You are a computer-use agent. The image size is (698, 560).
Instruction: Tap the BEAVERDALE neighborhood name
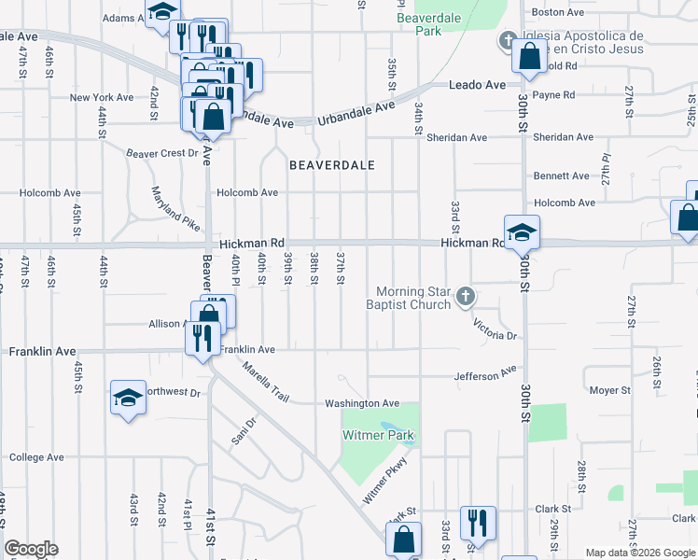(332, 165)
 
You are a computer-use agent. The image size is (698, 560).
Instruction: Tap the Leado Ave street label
(477, 84)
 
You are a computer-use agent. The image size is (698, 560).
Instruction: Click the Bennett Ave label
(561, 175)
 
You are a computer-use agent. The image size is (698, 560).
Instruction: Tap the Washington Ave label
(362, 403)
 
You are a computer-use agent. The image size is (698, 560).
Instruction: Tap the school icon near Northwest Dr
(128, 398)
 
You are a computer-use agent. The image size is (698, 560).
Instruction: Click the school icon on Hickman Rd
(522, 231)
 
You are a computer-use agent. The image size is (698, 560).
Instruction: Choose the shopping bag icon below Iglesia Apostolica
(529, 56)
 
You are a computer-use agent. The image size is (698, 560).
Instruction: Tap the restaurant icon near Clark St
(478, 522)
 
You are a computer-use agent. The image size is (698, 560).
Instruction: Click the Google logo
(32, 549)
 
